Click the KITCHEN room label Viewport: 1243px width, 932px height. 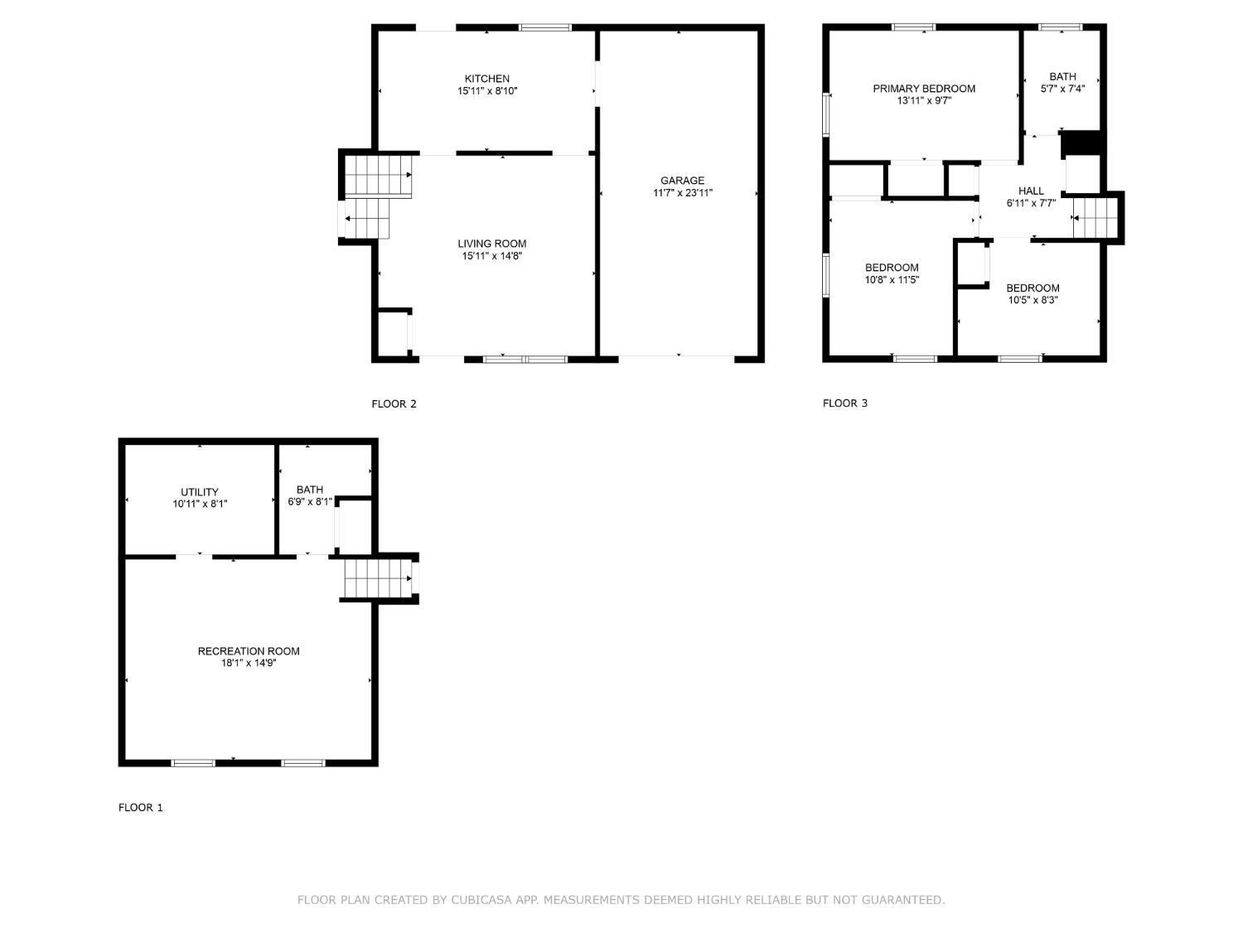pos(487,79)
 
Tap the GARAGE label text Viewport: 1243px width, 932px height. pos(682,181)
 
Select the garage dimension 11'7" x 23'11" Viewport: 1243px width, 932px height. pos(682,193)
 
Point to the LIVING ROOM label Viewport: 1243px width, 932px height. pos(492,244)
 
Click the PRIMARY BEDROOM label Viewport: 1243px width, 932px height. pos(924,89)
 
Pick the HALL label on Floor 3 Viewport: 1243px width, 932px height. pos(1031,191)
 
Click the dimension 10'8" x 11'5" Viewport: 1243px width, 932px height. pos(892,279)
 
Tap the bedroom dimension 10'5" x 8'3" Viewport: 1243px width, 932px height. pos(1033,300)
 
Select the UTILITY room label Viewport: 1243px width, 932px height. pos(200,492)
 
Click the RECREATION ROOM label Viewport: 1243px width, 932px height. pos(249,651)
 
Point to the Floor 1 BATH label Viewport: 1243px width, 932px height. pos(310,490)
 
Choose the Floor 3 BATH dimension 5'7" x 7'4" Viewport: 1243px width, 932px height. pos(1063,89)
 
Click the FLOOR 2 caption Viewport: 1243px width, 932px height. pos(394,404)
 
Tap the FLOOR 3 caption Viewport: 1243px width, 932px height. pos(845,403)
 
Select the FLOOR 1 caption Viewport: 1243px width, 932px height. pos(140,808)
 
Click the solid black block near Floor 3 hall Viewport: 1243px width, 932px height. pos(1081,142)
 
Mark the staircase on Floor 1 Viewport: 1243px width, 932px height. pos(376,578)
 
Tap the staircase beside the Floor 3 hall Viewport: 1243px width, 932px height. pos(1095,218)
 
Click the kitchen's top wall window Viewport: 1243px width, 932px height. pos(545,27)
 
